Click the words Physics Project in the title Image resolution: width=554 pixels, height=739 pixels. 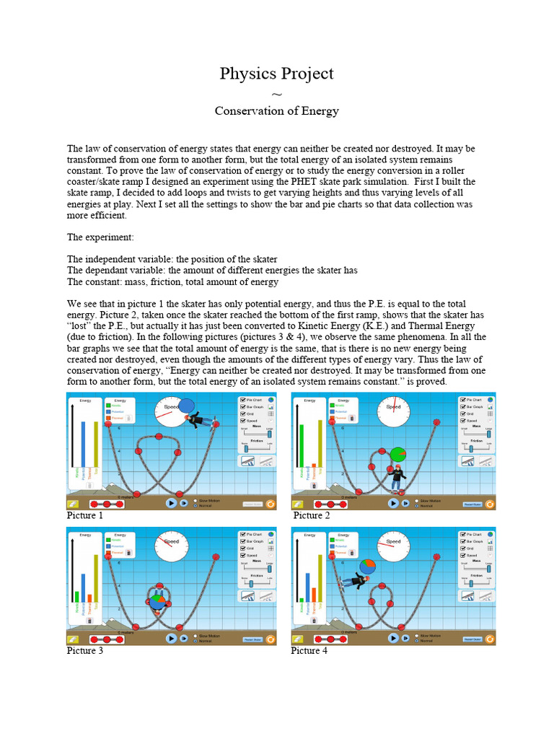coord(276,74)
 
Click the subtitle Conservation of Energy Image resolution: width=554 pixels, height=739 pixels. coord(276,111)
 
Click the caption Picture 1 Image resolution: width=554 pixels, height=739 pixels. coord(85,516)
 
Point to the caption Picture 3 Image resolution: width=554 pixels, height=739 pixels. coord(85,651)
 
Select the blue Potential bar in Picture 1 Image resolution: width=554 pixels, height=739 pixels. coord(84,454)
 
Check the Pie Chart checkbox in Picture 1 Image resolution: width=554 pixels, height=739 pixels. coord(242,399)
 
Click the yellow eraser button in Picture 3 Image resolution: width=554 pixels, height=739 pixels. coord(73,639)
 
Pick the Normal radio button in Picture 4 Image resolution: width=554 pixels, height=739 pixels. coord(416,640)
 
